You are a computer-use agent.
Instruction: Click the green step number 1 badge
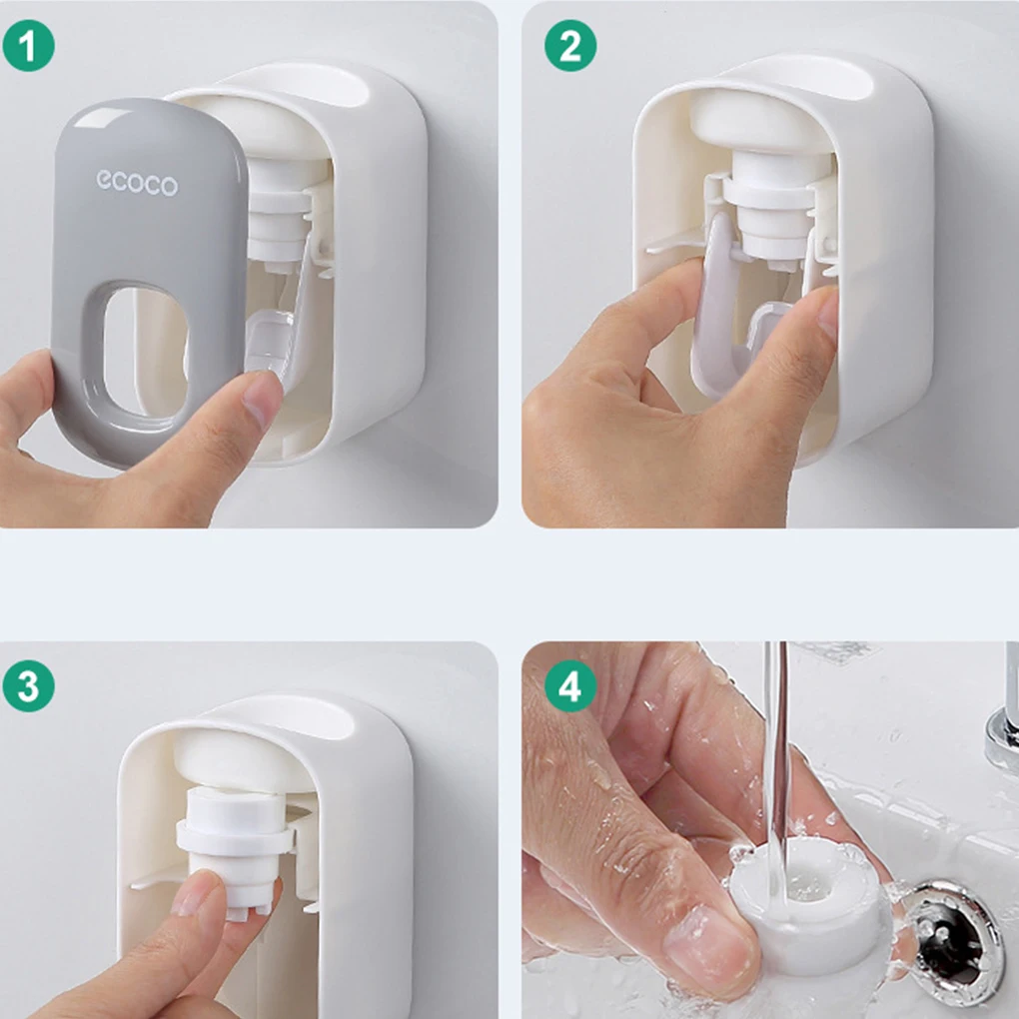(x=29, y=46)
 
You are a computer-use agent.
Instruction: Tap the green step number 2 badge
(x=569, y=46)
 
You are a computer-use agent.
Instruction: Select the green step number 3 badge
(x=29, y=686)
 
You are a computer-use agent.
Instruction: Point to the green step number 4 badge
(x=569, y=686)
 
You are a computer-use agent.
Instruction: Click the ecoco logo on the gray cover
(x=137, y=183)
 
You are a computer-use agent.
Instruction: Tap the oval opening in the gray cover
(x=145, y=354)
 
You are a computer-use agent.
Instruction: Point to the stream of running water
(x=776, y=767)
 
